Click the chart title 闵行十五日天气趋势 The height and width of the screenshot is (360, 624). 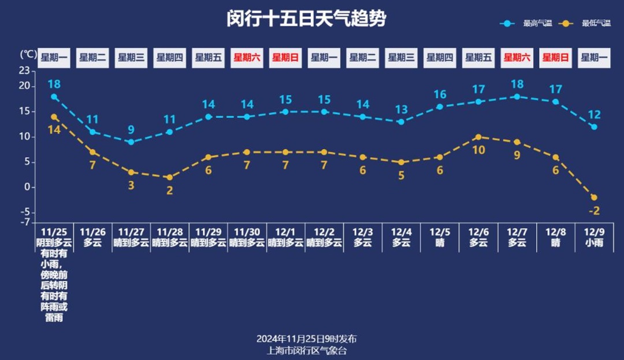tap(306, 19)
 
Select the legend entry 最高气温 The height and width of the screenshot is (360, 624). tap(537, 24)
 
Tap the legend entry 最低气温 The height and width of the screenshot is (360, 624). tap(596, 24)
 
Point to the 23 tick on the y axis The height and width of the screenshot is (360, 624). tap(24, 70)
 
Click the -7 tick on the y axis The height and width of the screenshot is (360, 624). tap(24, 222)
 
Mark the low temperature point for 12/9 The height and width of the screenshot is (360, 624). tap(594, 198)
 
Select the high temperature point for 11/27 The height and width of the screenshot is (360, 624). tap(131, 142)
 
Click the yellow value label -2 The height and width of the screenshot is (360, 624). tap(594, 211)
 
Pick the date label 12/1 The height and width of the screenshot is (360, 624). tap(285, 232)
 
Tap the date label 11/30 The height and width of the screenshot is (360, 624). tap(247, 232)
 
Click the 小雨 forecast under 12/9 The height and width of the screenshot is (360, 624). tap(594, 243)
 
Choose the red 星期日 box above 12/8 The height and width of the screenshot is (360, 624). tap(555, 58)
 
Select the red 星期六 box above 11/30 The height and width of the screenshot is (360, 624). tap(247, 58)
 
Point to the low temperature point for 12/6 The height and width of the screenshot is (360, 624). tap(478, 137)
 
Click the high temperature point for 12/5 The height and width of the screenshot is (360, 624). tap(440, 107)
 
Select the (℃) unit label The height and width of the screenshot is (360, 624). tap(28, 54)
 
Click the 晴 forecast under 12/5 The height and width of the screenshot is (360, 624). tap(440, 243)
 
